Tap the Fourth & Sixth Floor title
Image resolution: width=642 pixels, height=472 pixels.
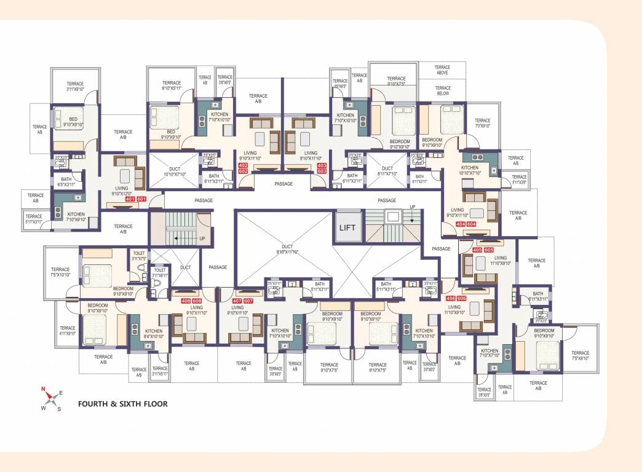[122, 404]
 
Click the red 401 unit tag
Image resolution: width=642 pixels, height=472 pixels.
[130, 199]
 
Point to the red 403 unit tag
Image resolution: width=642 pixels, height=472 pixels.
[321, 166]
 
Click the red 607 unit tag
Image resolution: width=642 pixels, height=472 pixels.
[248, 301]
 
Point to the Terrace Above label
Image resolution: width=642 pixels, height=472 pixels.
[442, 70]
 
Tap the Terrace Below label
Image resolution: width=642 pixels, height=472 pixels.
[443, 91]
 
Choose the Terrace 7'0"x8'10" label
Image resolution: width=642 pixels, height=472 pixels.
[483, 124]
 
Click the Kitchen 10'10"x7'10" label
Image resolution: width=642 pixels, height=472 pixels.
[470, 171]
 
